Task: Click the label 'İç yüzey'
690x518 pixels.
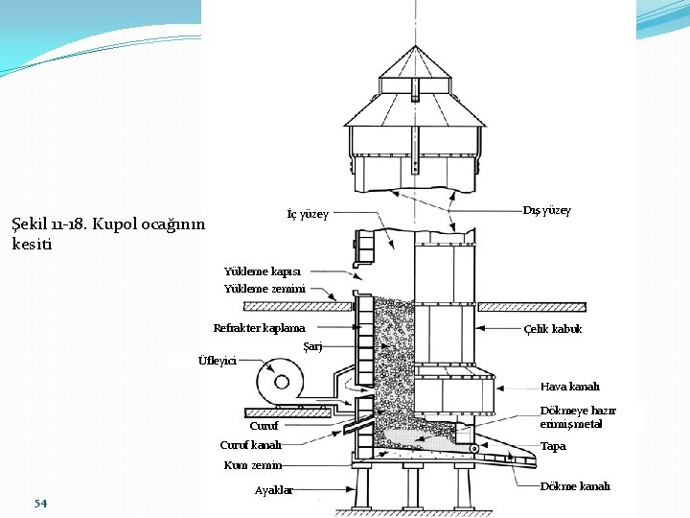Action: pos(308,213)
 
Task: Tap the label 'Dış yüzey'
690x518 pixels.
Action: pos(546,210)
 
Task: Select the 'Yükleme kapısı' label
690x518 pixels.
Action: pos(263,271)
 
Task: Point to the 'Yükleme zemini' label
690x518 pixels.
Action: pos(264,288)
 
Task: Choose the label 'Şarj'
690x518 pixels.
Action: pos(312,345)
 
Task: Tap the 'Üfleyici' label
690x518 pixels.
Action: pos(217,361)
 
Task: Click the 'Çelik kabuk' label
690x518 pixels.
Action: pos(553,328)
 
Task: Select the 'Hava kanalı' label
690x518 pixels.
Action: pos(570,387)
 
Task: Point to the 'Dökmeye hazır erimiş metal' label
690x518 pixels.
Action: pos(578,416)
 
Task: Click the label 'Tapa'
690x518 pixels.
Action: pos(553,446)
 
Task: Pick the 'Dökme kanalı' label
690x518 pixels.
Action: pos(575,486)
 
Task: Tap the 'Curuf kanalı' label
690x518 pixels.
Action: pos(251,445)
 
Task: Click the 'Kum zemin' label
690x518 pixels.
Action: pos(253,465)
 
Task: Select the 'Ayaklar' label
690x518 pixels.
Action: pos(274,490)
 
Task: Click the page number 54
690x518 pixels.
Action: pos(40,504)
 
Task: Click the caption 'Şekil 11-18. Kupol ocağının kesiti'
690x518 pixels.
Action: pos(107,233)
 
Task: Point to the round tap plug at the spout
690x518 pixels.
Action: pos(473,449)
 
